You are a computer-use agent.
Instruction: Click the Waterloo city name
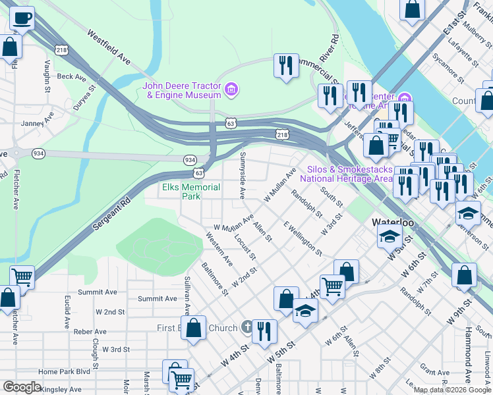click(393, 223)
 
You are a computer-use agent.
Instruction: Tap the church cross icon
click(247, 327)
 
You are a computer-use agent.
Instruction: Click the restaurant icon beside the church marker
click(264, 332)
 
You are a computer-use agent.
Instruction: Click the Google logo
click(22, 387)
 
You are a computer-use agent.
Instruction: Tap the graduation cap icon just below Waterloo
click(390, 236)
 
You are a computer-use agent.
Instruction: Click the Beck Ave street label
click(72, 77)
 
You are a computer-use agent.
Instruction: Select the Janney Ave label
click(37, 122)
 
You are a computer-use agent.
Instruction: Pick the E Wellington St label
click(303, 238)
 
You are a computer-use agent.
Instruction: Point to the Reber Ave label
click(90, 332)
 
